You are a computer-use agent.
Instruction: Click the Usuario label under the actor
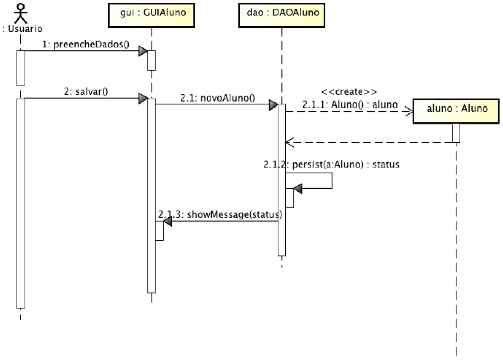coord(21,29)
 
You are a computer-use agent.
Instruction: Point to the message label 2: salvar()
coord(86,92)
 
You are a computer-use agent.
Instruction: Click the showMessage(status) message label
coord(221,215)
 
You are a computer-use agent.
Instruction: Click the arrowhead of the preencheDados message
coord(142,50)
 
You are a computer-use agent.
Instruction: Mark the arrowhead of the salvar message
coord(142,99)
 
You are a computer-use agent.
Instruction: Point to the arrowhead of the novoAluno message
coord(273,104)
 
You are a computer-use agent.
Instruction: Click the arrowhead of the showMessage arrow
coord(167,221)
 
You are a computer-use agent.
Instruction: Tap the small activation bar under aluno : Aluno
coord(456,132)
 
